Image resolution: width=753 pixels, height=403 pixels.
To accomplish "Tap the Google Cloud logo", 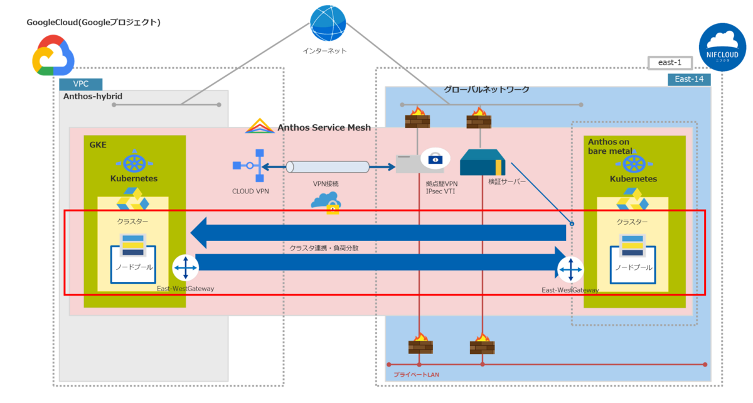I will pyautogui.click(x=53, y=55).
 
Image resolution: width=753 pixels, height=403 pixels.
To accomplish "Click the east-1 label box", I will pyautogui.click(x=670, y=63).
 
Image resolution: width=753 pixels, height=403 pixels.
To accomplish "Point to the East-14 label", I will pyautogui.click(x=689, y=78).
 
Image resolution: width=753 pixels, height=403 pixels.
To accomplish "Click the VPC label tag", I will pyautogui.click(x=81, y=84).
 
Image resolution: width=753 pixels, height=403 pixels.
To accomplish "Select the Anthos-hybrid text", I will pyautogui.click(x=93, y=96).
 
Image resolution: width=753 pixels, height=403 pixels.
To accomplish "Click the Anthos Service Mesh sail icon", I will pyautogui.click(x=259, y=126).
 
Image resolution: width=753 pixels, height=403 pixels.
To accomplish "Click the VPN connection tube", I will pyautogui.click(x=328, y=167).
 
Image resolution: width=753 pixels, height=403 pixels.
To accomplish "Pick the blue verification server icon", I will pyautogui.click(x=482, y=163).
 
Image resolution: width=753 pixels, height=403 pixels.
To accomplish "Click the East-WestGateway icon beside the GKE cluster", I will pyautogui.click(x=184, y=268).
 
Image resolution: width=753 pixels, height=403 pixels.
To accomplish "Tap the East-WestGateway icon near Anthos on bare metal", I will pyautogui.click(x=570, y=270).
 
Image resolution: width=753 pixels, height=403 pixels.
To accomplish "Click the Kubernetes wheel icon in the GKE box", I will pyautogui.click(x=134, y=163).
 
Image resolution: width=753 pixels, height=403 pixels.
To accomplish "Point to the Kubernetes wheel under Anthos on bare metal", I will pyautogui.click(x=634, y=163).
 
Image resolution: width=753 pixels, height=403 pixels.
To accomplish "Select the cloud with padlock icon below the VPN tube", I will pyautogui.click(x=326, y=202).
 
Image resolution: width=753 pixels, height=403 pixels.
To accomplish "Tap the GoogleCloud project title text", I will pyautogui.click(x=93, y=23).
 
